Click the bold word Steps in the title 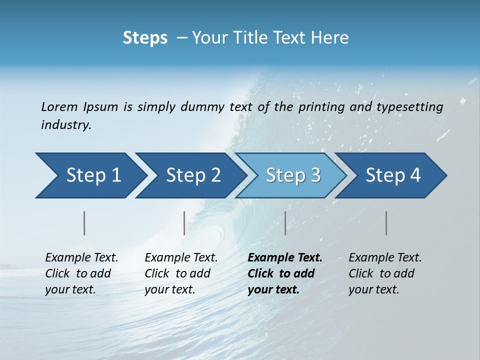pyautogui.click(x=145, y=38)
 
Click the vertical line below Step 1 pyautogui.click(x=84, y=223)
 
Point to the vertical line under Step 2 pyautogui.click(x=184, y=223)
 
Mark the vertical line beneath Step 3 pyautogui.click(x=285, y=223)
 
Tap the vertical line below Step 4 pyautogui.click(x=386, y=223)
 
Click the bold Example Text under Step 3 pyautogui.click(x=285, y=273)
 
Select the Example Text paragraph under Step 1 pyautogui.click(x=81, y=273)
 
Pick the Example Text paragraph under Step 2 pyautogui.click(x=181, y=273)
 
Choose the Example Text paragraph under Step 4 pyautogui.click(x=385, y=273)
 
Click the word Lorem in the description pyautogui.click(x=59, y=107)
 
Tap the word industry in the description pyautogui.click(x=66, y=125)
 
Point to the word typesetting pyautogui.click(x=409, y=107)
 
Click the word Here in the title pyautogui.click(x=332, y=38)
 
